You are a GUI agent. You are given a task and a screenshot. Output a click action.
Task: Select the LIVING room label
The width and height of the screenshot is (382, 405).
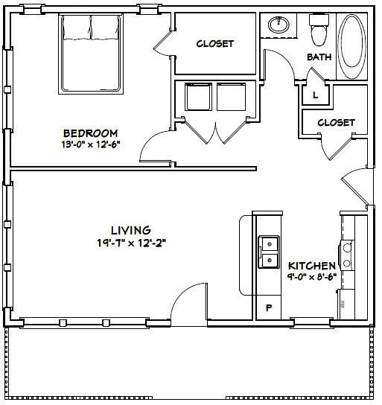click(130, 230)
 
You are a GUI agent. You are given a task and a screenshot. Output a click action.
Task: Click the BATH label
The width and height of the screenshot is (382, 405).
click(319, 57)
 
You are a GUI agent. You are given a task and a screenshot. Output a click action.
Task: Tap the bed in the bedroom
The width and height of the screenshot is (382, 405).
click(89, 54)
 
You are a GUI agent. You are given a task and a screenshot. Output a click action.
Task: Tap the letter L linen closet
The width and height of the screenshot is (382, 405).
click(315, 95)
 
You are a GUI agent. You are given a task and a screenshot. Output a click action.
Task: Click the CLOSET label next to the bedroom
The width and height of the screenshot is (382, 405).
click(214, 44)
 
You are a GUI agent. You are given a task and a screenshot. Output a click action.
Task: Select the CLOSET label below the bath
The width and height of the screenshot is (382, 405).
click(336, 123)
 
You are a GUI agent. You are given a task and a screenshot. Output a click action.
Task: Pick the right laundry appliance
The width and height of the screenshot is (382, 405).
click(229, 97)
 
